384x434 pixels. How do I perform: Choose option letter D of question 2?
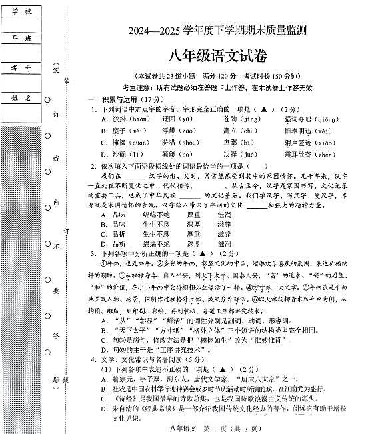(104, 244)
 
